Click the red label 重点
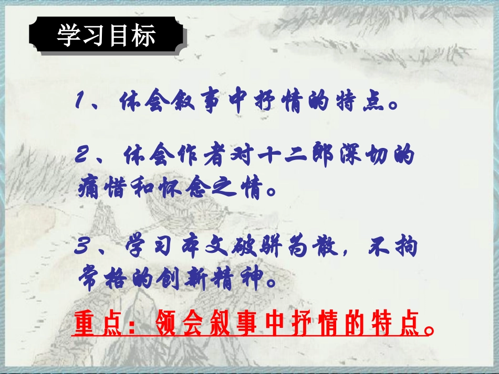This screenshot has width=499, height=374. coord(93,324)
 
